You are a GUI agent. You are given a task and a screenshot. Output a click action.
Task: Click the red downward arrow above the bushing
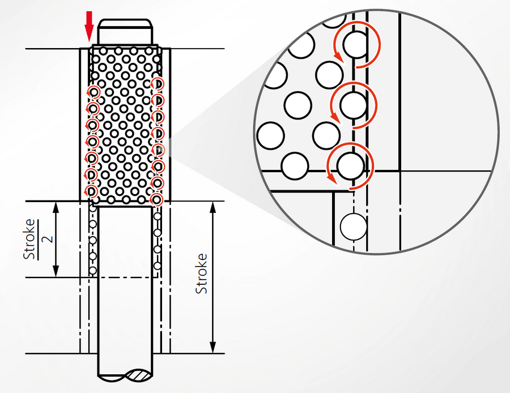point(89,26)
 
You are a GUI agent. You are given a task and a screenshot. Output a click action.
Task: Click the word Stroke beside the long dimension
point(201,274)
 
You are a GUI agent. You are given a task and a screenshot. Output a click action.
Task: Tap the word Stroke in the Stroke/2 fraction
point(29,239)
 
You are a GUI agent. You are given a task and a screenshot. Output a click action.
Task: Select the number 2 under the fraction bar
point(48,239)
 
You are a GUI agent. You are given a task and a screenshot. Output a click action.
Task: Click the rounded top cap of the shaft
point(125,32)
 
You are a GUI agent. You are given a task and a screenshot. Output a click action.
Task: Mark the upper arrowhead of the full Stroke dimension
point(212,207)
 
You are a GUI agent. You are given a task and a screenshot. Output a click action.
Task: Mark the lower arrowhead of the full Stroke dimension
point(212,347)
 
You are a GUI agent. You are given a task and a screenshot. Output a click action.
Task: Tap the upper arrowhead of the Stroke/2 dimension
point(56,207)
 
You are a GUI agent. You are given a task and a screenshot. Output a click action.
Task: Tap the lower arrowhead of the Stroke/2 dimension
point(56,271)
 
